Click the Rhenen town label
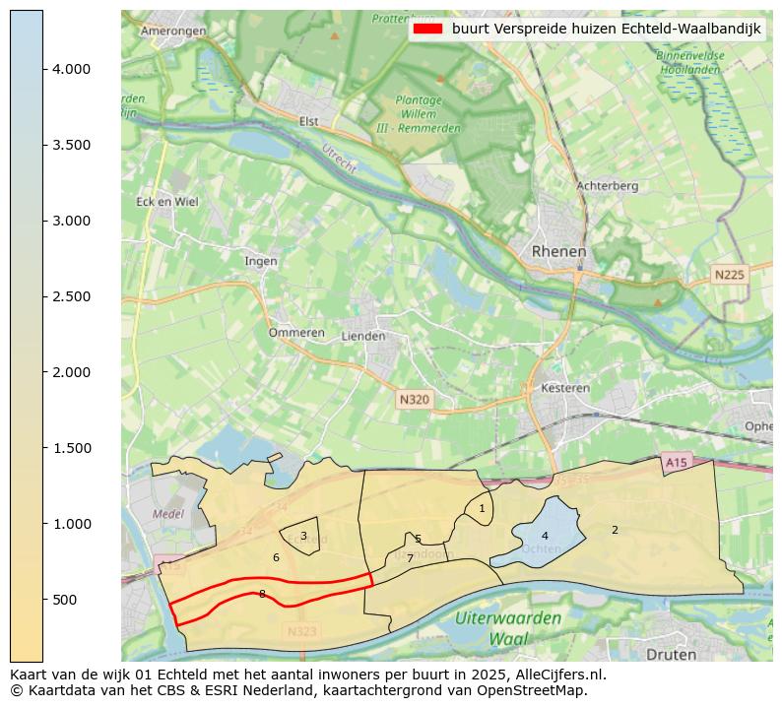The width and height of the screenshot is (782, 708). pos(558,252)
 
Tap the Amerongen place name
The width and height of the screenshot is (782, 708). pos(173,31)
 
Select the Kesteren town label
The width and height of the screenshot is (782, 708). pos(565,388)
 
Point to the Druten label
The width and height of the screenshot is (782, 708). pos(671,654)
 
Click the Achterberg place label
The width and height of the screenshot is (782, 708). pos(607,185)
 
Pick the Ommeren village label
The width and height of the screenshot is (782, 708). pos(296,333)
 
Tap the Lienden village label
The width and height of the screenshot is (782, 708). pos(362,336)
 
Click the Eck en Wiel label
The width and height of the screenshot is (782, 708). pos(166,202)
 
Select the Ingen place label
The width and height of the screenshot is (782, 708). pos(261,261)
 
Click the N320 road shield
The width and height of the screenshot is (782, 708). pos(415,400)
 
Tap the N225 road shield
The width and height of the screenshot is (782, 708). pos(730,275)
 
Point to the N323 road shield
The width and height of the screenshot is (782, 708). pos(303,631)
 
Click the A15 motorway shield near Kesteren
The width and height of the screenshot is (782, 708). pos(676,462)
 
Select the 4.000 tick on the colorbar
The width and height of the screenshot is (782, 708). pos(72,69)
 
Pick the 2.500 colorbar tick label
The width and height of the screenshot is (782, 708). pos(72,296)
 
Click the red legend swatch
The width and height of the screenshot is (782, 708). pos(427,30)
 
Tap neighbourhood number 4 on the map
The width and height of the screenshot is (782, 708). pos(545,536)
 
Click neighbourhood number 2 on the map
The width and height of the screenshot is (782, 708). pos(615,530)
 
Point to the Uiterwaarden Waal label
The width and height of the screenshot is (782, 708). pos(508,627)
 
